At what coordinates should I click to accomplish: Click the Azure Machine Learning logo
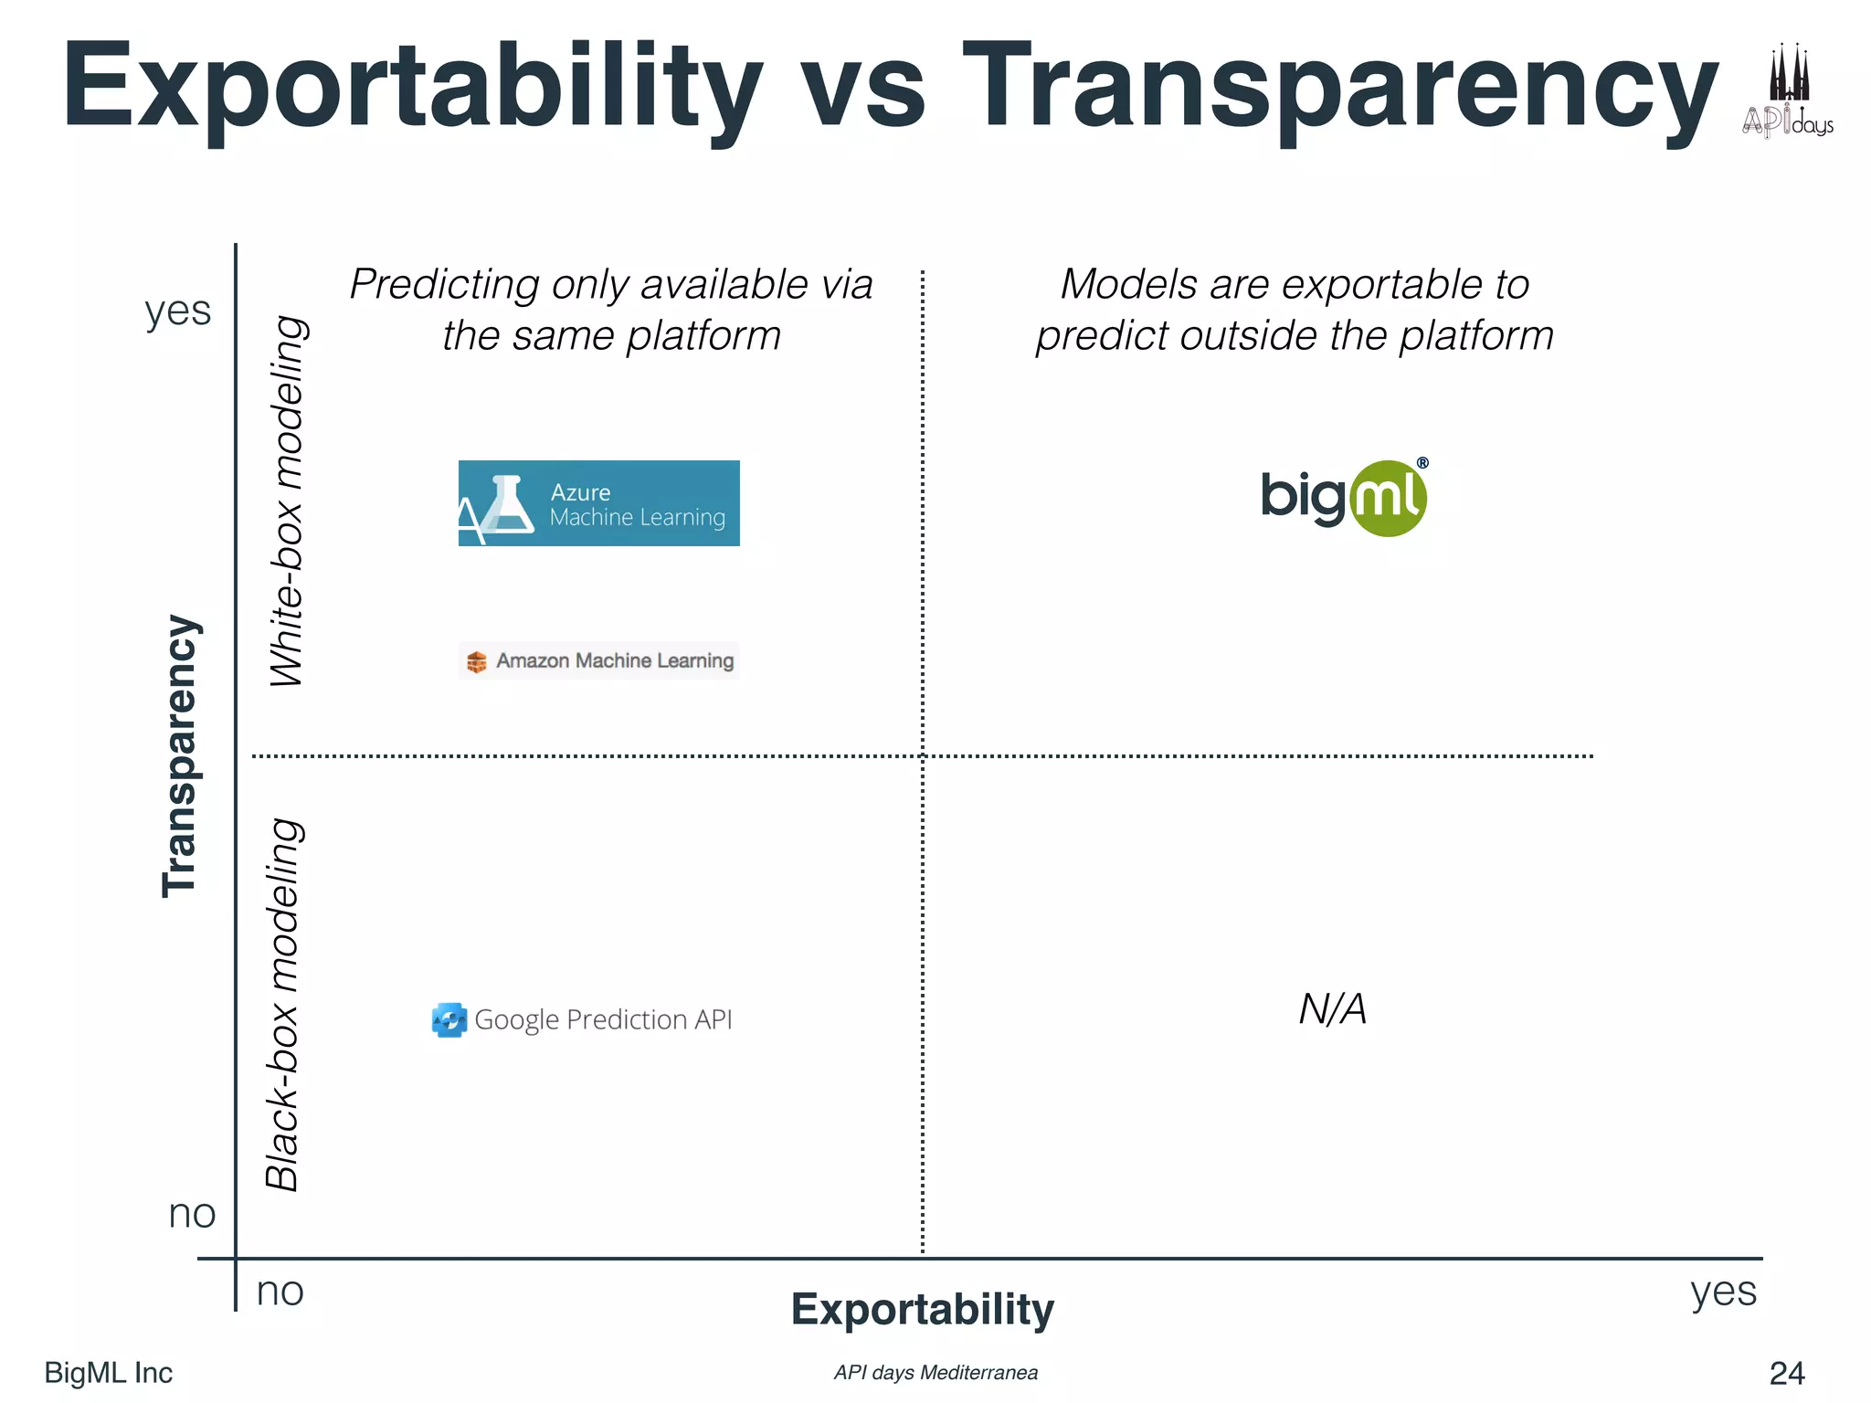[x=598, y=503]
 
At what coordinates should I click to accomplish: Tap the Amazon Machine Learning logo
[x=599, y=660]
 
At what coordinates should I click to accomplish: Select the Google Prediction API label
[x=583, y=1019]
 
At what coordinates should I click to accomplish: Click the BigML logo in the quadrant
[x=1344, y=498]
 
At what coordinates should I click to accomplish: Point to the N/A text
[x=1333, y=1009]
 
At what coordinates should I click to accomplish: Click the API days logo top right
[x=1788, y=91]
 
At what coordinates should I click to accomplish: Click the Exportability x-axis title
[x=922, y=1309]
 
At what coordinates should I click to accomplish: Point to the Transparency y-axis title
[x=180, y=756]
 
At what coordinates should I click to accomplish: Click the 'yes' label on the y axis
[x=178, y=311]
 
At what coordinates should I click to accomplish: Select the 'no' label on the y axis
[x=192, y=1214]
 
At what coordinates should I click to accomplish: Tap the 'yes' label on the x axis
[x=1723, y=1292]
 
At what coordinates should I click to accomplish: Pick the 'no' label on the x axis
[x=280, y=1292]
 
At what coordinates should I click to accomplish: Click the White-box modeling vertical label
[x=289, y=501]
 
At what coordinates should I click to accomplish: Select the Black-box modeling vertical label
[x=283, y=1005]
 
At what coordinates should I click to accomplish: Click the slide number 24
[x=1787, y=1373]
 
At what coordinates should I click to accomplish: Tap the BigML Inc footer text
[x=108, y=1373]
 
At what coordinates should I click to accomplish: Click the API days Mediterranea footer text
[x=935, y=1373]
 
